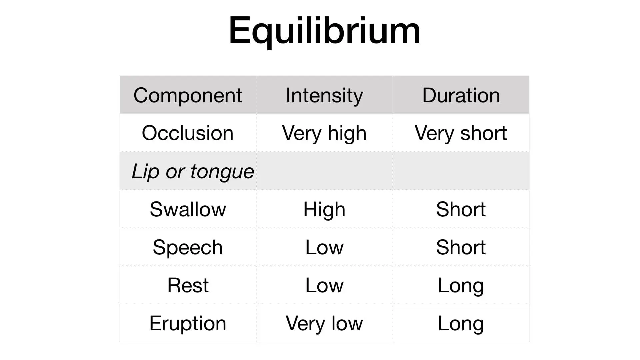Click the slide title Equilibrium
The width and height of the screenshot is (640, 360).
click(324, 31)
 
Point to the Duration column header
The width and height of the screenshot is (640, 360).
click(461, 95)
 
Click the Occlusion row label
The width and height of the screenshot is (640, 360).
click(188, 133)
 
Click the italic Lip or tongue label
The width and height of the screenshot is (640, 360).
click(193, 172)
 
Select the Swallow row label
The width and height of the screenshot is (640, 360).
click(188, 209)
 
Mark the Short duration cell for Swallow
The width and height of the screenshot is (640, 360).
click(461, 209)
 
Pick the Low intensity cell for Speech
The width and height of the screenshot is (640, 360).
click(324, 247)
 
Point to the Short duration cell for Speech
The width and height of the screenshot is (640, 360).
click(461, 247)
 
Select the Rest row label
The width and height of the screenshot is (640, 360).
click(188, 285)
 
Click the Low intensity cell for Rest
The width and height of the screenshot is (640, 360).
click(324, 285)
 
